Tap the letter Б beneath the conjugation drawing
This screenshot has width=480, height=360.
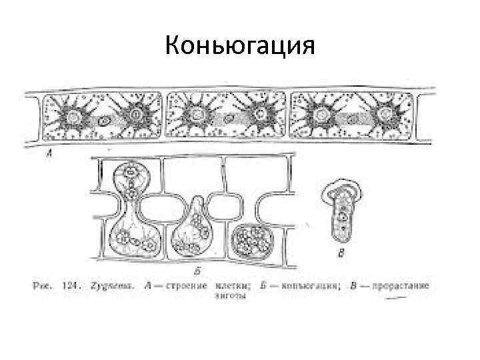[x=197, y=271]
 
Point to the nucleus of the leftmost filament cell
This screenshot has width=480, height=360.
[x=105, y=121]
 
